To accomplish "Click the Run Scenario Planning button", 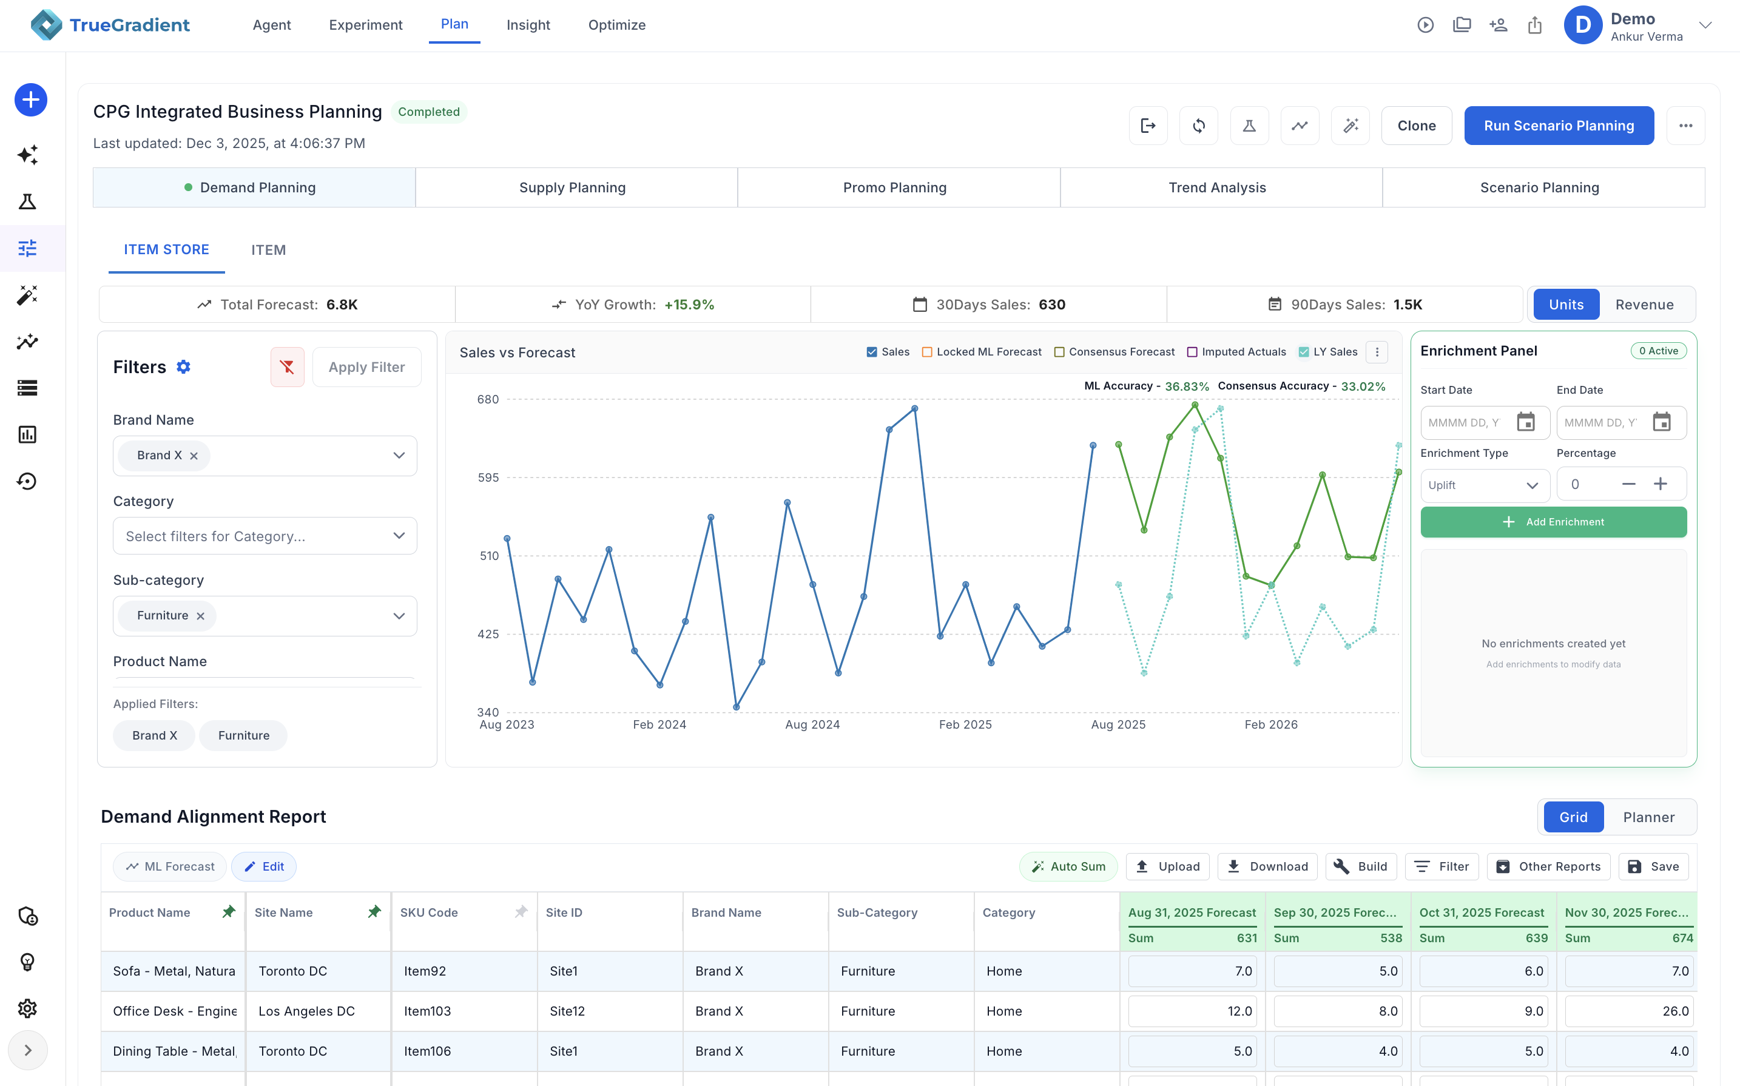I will click(x=1559, y=126).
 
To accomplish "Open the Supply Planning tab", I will click(x=572, y=187).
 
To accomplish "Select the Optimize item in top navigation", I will click(x=616, y=25).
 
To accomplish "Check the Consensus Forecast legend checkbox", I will click(x=1059, y=352).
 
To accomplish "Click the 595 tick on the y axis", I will click(x=488, y=477).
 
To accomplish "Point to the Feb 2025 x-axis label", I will click(x=965, y=725).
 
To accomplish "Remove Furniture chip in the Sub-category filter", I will click(x=201, y=616).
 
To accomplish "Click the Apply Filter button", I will click(x=366, y=367).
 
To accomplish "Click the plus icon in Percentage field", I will click(x=1661, y=484).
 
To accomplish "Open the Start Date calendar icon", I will click(x=1525, y=422).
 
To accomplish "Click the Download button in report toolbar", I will click(x=1267, y=866).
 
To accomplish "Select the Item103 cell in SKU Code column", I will click(x=427, y=1011).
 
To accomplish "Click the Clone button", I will click(x=1416, y=126).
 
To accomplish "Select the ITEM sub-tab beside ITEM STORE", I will click(x=268, y=250).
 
